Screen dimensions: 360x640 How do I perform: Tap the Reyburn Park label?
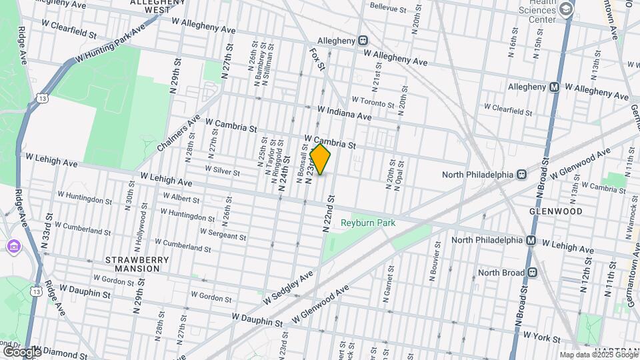(368, 223)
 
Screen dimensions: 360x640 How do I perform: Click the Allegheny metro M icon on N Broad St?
(553, 87)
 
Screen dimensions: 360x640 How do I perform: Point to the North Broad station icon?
(531, 273)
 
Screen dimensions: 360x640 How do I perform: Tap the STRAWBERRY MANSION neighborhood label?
(132, 264)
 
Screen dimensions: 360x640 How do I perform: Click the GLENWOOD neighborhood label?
(556, 211)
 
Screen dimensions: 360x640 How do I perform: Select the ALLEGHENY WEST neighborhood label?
(157, 6)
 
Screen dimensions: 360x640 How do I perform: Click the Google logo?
(21, 351)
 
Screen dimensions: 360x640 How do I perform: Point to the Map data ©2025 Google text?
(598, 355)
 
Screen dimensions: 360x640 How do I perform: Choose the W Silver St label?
(223, 171)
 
